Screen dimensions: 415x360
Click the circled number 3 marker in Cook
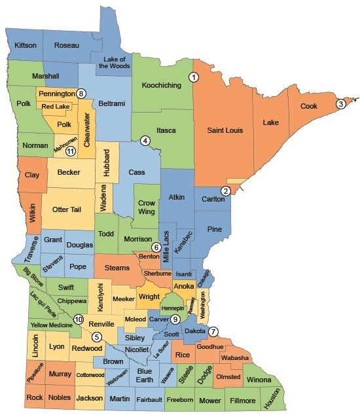point(341,103)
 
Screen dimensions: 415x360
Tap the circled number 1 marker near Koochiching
point(194,77)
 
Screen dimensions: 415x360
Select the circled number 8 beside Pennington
point(81,94)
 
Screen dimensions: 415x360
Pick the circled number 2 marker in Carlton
point(226,191)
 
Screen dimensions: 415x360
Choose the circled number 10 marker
point(79,319)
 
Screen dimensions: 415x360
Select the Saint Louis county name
point(226,131)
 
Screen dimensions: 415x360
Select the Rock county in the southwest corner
point(35,397)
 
